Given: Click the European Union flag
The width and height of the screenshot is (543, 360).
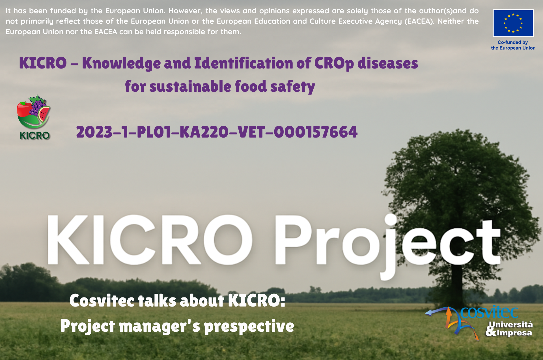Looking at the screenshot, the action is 513,23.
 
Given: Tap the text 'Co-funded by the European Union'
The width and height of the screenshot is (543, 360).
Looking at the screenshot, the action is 513,45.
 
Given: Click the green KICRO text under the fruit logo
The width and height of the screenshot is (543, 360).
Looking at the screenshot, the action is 35,135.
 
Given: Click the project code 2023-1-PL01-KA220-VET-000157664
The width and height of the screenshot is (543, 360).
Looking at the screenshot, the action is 217,132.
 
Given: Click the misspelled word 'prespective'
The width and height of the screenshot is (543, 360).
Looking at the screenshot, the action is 249,326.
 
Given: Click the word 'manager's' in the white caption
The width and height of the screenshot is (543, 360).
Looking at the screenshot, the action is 160,326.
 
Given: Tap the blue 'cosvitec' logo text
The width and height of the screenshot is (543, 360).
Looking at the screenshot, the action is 489,312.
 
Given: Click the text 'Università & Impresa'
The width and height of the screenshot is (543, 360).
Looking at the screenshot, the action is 509,329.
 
